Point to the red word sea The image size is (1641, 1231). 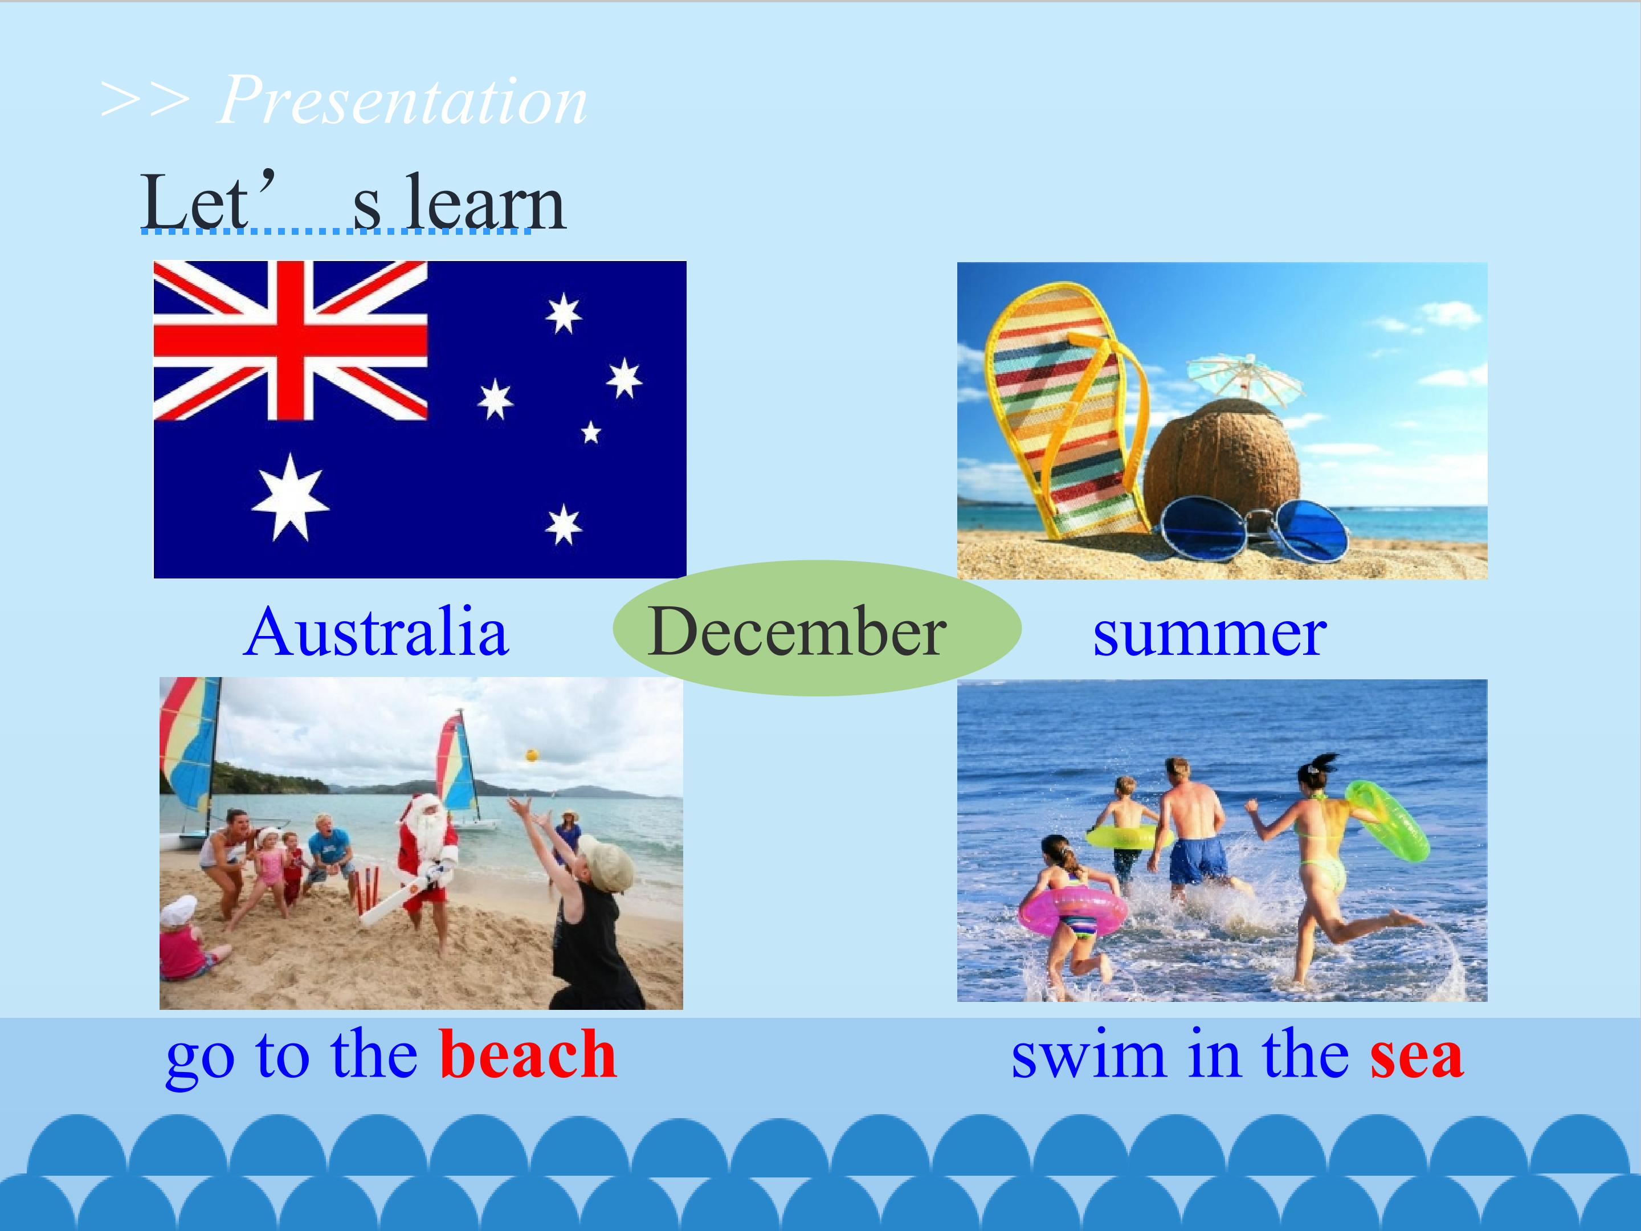tap(1416, 1057)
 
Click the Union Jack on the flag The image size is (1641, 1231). tap(291, 341)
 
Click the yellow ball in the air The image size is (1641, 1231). tap(531, 755)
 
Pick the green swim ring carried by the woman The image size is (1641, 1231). tap(1386, 821)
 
